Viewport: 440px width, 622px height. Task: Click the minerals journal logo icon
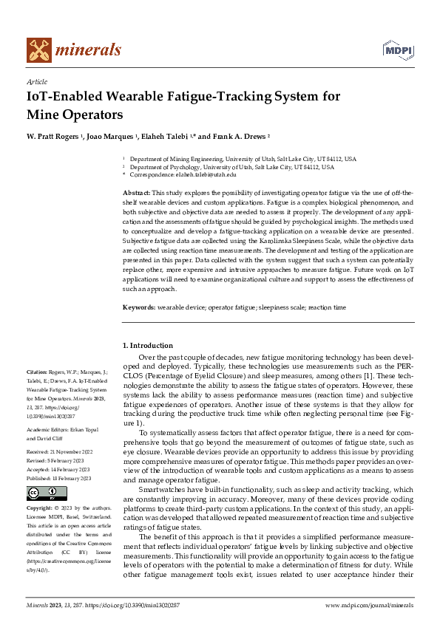pyautogui.click(x=39, y=49)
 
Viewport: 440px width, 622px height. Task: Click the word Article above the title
pyautogui.click(x=36, y=81)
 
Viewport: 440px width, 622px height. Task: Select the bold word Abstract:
pyautogui.click(x=138, y=192)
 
